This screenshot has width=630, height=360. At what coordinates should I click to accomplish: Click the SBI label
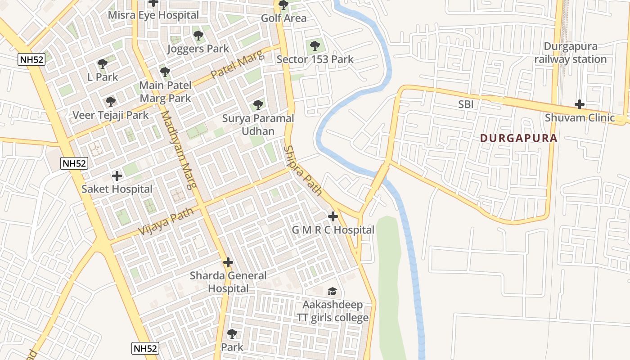tap(466, 104)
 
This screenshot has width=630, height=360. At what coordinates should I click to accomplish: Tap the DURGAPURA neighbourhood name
tap(518, 138)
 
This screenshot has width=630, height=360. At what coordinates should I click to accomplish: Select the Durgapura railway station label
tap(571, 53)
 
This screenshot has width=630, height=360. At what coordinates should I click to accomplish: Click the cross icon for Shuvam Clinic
tap(580, 105)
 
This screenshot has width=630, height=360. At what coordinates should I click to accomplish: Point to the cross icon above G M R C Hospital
tap(333, 216)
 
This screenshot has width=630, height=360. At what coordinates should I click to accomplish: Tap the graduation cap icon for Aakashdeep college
tap(332, 292)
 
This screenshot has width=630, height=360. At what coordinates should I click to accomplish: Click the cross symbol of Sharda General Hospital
tap(228, 262)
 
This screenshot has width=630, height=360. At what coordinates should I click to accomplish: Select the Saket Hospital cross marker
tap(117, 175)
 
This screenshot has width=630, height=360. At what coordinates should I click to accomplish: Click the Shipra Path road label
tap(303, 171)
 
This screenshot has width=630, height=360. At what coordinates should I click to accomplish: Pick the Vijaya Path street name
tap(166, 221)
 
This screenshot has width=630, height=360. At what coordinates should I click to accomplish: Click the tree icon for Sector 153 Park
tap(315, 45)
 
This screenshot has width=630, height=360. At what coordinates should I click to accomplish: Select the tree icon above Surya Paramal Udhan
tap(258, 105)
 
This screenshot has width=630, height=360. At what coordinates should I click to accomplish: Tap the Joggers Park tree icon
tap(198, 35)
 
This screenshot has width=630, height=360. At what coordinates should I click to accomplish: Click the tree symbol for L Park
tap(103, 63)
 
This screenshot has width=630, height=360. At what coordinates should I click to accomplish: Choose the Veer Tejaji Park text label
tap(111, 115)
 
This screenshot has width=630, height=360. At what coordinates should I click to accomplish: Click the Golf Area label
tap(284, 18)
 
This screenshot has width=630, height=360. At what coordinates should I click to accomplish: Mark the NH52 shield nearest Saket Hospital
tap(74, 163)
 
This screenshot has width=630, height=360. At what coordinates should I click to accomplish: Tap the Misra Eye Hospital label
tap(153, 15)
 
